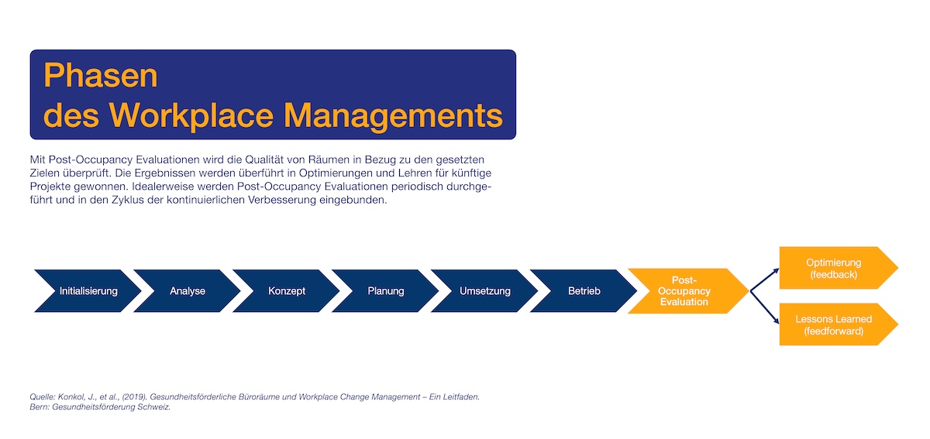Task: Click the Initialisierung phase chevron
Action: pyautogui.click(x=88, y=291)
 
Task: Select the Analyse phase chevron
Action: pyautogui.click(x=188, y=291)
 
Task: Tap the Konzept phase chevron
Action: pyautogui.click(x=287, y=291)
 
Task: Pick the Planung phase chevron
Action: pyautogui.click(x=386, y=291)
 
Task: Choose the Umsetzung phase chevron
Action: pyautogui.click(x=485, y=291)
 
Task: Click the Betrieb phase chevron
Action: pyautogui.click(x=584, y=291)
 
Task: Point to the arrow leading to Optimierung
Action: pyautogui.click(x=765, y=280)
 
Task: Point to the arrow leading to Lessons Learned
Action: pyautogui.click(x=765, y=307)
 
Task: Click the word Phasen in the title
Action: pyautogui.click(x=101, y=76)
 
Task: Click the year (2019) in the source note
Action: pyautogui.click(x=135, y=397)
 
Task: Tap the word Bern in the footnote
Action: pyautogui.click(x=39, y=407)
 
